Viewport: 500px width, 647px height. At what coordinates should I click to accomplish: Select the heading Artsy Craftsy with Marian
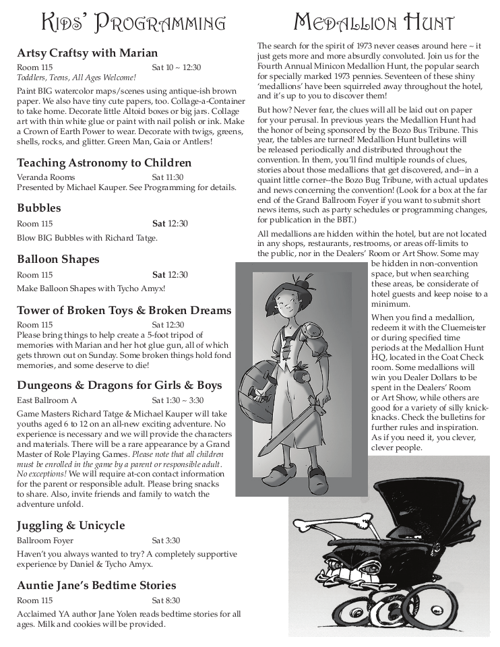87,53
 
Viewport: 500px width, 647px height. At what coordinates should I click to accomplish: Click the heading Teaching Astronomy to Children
104,163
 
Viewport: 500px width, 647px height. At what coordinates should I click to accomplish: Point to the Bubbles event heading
38,208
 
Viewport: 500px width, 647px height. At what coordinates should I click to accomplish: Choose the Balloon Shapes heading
58,259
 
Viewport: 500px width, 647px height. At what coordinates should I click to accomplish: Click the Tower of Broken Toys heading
124,310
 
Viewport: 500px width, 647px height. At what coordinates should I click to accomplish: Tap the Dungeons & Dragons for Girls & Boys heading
119,386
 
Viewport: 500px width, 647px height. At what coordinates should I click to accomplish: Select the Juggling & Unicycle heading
71,525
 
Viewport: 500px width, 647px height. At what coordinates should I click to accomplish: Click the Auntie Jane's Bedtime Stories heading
96,585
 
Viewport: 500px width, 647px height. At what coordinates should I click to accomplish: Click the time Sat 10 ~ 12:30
176,67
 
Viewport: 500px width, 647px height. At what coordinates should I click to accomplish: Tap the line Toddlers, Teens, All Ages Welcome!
76,78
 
